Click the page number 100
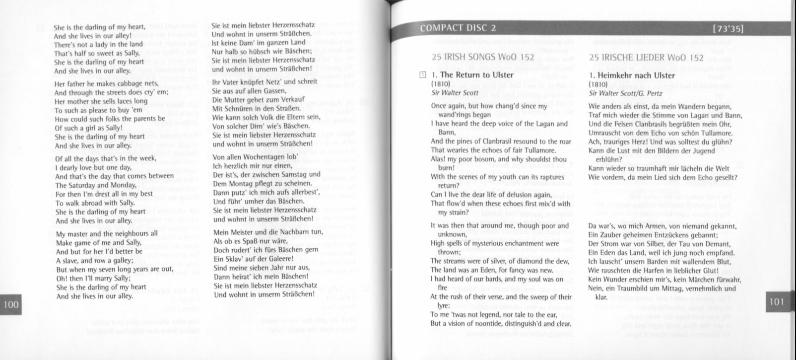click(x=10, y=304)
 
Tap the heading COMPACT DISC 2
click(x=458, y=28)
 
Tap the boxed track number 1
click(x=422, y=75)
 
